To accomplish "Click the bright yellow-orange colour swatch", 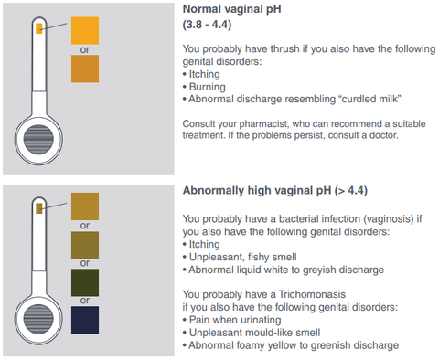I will point(85,30).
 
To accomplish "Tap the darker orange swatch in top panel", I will point(85,69).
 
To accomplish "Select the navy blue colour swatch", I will point(85,321).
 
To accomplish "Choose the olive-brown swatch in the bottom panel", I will point(85,245).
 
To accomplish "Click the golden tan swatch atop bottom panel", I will point(85,206).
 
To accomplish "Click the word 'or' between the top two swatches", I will point(85,49).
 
